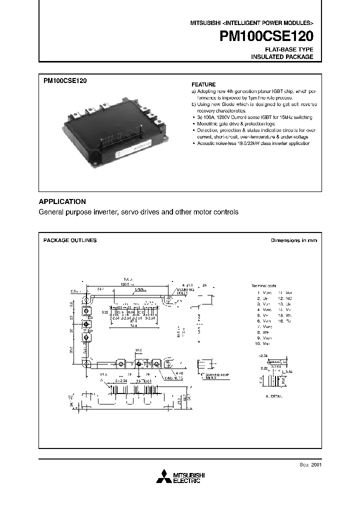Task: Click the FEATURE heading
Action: click(x=203, y=84)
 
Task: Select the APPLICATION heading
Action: click(x=62, y=201)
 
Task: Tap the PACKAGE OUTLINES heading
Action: click(x=70, y=240)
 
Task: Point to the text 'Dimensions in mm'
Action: click(x=293, y=240)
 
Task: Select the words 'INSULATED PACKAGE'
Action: click(x=282, y=57)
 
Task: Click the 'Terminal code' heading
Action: click(x=263, y=285)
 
